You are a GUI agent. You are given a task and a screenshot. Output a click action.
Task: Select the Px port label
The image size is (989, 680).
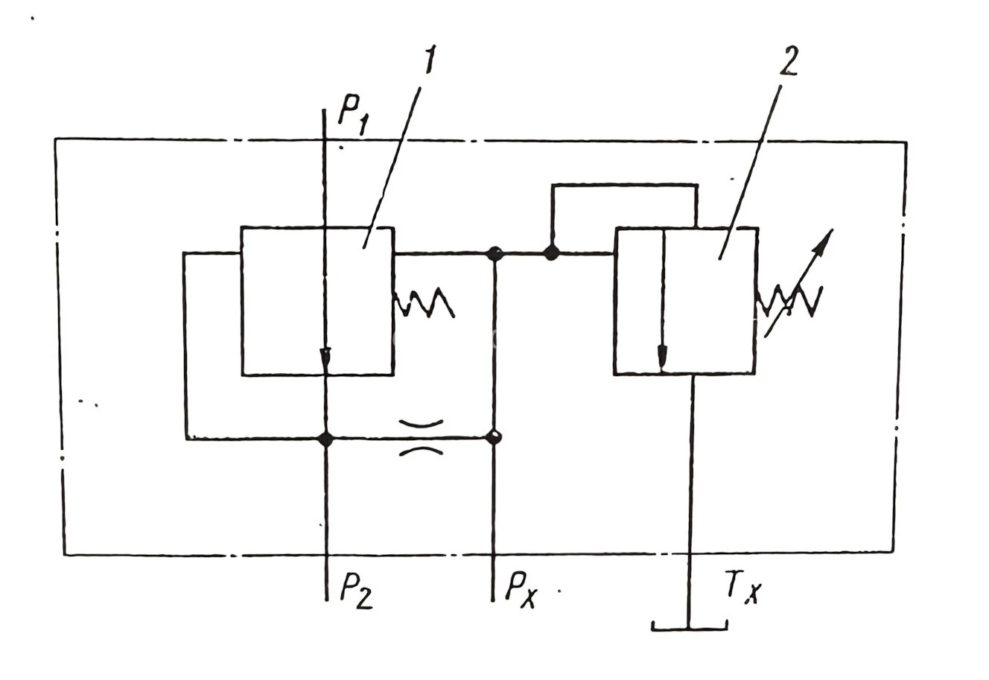521,590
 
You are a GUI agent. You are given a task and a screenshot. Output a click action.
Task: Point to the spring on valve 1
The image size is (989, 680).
424,302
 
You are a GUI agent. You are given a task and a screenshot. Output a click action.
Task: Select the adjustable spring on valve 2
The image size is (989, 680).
788,299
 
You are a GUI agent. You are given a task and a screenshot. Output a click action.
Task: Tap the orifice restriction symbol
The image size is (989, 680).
422,437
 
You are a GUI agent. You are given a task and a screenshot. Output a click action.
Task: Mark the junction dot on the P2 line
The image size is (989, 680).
325,439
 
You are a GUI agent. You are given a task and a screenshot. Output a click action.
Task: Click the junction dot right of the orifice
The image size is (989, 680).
493,437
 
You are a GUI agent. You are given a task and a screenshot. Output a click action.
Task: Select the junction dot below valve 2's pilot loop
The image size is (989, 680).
551,253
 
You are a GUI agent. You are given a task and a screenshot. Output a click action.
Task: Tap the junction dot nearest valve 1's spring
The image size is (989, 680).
494,253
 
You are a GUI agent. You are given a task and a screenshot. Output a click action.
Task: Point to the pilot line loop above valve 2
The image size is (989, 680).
624,185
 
